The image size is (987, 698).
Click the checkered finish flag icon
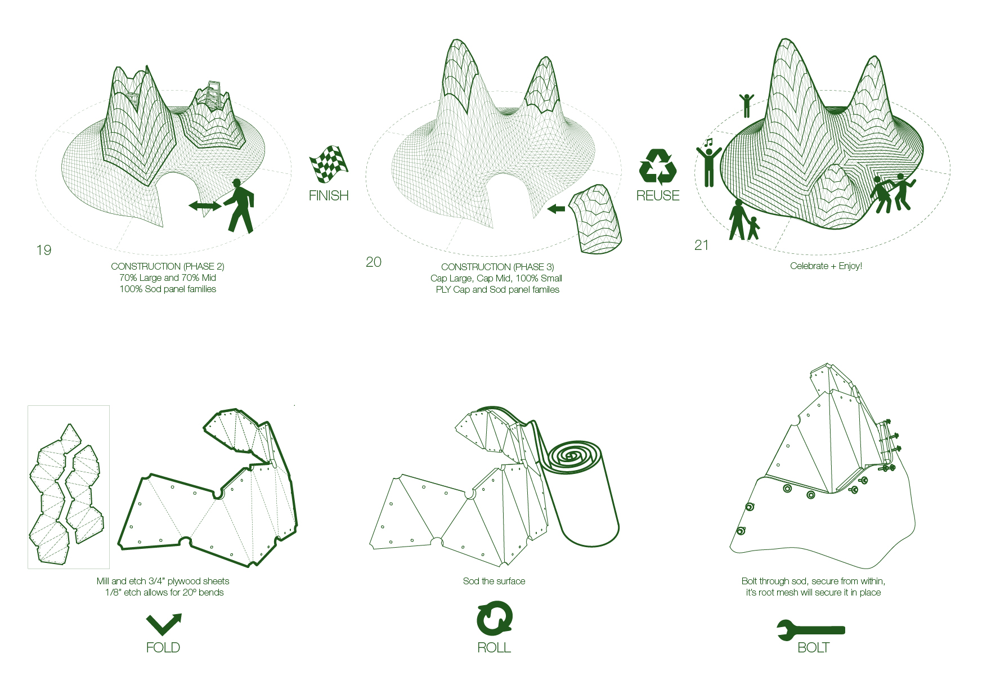tap(329, 164)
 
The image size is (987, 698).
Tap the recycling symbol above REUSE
tap(657, 167)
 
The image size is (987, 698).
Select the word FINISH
tap(329, 195)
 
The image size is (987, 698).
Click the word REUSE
tap(658, 195)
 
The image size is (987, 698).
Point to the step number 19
tap(44, 250)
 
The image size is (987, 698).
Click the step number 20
tap(374, 262)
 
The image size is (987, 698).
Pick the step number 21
tap(701, 245)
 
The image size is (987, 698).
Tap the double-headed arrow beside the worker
tap(205, 206)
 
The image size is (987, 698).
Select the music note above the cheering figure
tap(708, 142)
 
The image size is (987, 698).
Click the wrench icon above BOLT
tap(811, 630)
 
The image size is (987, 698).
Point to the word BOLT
tap(814, 647)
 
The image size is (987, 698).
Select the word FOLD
tap(163, 647)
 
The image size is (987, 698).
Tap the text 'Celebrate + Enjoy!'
tap(826, 266)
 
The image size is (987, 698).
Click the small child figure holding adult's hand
tap(753, 228)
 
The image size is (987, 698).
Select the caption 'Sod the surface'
tap(494, 581)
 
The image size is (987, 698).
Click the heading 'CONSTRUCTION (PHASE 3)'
tap(497, 267)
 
